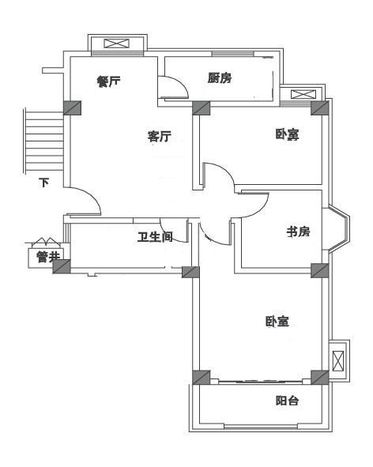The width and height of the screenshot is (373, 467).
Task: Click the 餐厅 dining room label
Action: tap(109, 81)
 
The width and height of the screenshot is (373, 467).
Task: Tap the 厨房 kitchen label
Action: tap(220, 77)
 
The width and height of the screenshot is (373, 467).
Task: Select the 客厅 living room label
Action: tap(160, 136)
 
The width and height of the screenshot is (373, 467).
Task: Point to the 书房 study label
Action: tap(298, 232)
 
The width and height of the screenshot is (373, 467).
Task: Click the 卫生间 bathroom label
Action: tap(155, 237)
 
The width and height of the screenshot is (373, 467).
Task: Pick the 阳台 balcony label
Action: tap(287, 401)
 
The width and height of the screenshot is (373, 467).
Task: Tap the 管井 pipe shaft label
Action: tap(48, 257)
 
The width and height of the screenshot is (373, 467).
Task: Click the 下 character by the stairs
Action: tap(44, 183)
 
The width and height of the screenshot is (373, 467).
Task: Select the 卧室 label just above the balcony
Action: tap(277, 322)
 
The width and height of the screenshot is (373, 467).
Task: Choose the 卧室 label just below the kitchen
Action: tap(287, 134)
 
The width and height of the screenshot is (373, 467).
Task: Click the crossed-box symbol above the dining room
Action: tap(117, 43)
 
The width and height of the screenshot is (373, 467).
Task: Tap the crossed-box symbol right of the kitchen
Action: tap(303, 94)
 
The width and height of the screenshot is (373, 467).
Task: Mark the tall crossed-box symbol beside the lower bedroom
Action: tap(338, 361)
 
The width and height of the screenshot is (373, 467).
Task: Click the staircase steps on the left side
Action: tap(43, 141)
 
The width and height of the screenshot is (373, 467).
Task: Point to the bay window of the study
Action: tap(339, 228)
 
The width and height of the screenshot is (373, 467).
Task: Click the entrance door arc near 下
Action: tap(89, 196)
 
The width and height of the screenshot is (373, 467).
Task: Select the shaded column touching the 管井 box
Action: tap(62, 266)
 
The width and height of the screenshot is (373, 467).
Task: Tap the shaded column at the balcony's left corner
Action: tap(201, 378)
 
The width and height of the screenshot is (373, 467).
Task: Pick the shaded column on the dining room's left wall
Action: tap(73, 107)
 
